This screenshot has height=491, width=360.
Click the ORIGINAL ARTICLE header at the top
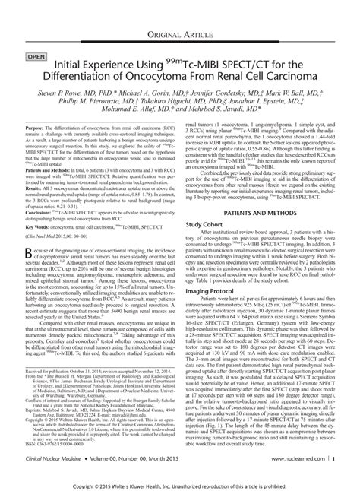point(179,16)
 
